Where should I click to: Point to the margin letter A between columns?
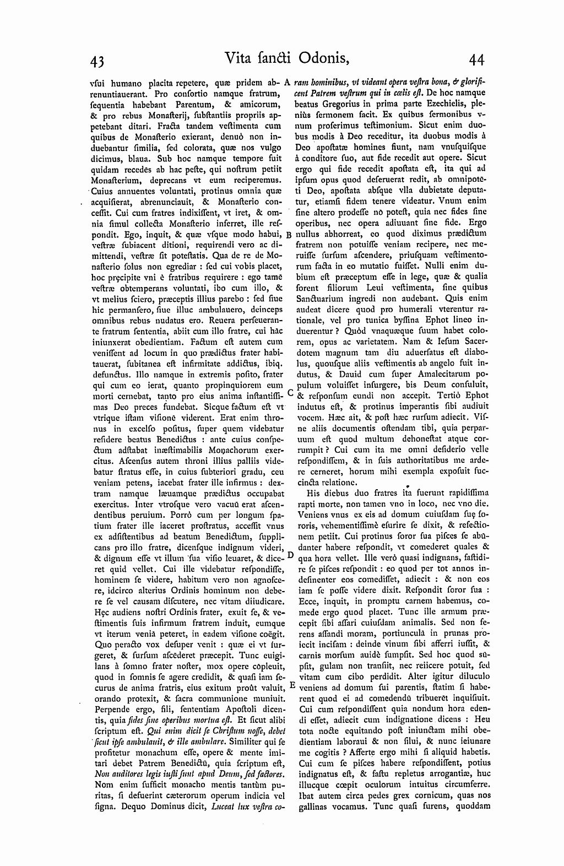[288, 83]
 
